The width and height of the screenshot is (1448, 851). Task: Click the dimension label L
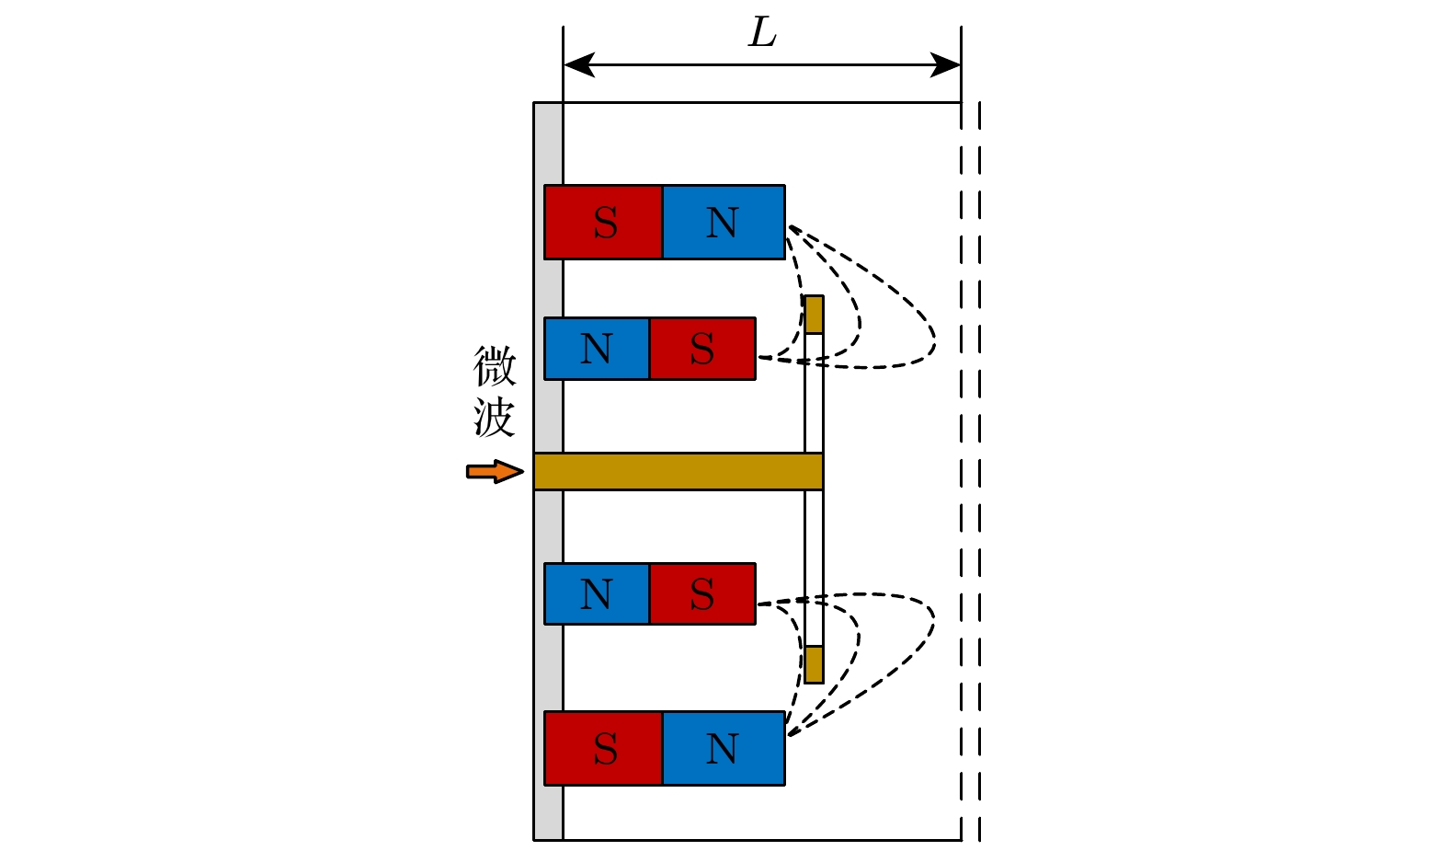pyautogui.click(x=762, y=33)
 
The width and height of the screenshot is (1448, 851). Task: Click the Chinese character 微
pyautogui.click(x=495, y=366)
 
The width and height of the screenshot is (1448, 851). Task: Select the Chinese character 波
pyautogui.click(x=495, y=418)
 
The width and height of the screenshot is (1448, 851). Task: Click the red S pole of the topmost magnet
pyautogui.click(x=603, y=223)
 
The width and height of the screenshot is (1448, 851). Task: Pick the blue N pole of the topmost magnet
pyautogui.click(x=724, y=223)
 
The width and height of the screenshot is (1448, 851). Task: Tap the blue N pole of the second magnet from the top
pyautogui.click(x=597, y=349)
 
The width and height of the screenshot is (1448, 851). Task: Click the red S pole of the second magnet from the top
pyautogui.click(x=702, y=349)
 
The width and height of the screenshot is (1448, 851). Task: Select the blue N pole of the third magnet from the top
pyautogui.click(x=597, y=594)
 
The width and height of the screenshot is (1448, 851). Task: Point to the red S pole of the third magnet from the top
pyautogui.click(x=702, y=594)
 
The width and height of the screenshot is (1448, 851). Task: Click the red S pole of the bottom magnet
pyautogui.click(x=603, y=748)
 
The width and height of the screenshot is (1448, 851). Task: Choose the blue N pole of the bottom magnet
pyautogui.click(x=724, y=748)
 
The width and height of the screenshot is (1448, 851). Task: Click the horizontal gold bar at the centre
pyautogui.click(x=678, y=471)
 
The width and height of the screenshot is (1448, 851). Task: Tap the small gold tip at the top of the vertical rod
pyautogui.click(x=814, y=315)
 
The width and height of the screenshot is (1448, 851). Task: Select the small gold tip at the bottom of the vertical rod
pyautogui.click(x=814, y=664)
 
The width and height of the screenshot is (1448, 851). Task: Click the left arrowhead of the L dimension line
pyautogui.click(x=578, y=65)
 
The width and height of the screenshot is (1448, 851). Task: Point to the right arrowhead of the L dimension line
pyautogui.click(x=946, y=65)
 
